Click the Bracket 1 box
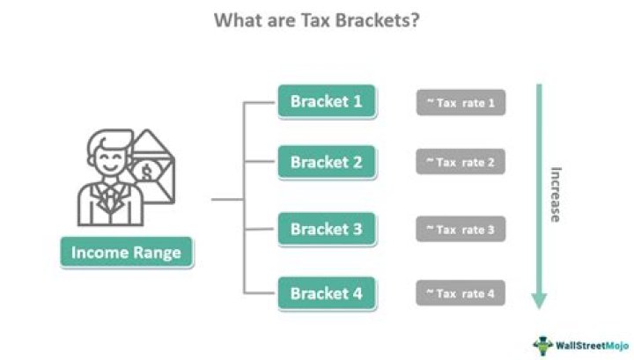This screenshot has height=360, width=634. [326, 101]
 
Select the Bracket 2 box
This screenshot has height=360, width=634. [326, 162]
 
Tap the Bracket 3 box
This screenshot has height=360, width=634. [326, 230]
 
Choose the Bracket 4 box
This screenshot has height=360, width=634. [326, 292]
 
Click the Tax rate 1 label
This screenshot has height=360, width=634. [461, 103]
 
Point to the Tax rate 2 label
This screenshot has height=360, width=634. [461, 162]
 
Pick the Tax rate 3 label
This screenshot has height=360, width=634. [461, 230]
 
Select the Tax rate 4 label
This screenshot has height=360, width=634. [461, 292]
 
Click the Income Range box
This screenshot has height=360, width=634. [126, 253]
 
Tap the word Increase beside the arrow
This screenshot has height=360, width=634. [556, 194]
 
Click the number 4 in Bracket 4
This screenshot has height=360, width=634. [357, 292]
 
